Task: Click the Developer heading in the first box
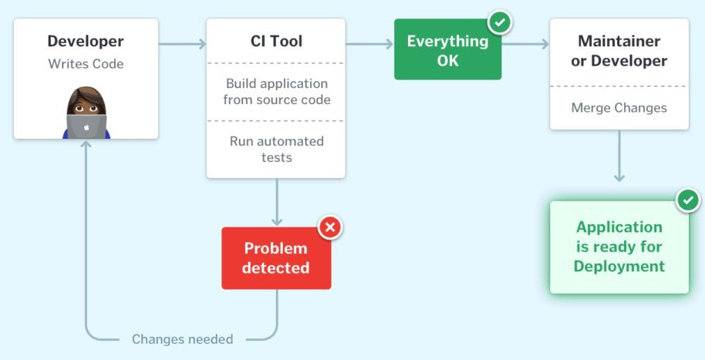click(x=86, y=42)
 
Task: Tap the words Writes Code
click(x=86, y=63)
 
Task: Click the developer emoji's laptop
click(x=86, y=126)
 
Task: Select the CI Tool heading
click(x=276, y=42)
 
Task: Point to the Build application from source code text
click(x=276, y=91)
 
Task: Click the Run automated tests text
click(x=276, y=149)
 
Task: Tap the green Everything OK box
click(x=447, y=50)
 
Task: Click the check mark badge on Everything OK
click(x=500, y=22)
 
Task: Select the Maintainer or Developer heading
click(x=619, y=51)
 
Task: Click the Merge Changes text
click(x=619, y=108)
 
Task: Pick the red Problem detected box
click(x=276, y=258)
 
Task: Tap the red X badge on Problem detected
click(x=330, y=227)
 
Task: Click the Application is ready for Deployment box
click(x=619, y=247)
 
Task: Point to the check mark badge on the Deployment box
click(x=687, y=200)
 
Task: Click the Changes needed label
click(x=182, y=339)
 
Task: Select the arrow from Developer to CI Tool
click(x=182, y=44)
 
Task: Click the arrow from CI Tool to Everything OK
click(x=369, y=44)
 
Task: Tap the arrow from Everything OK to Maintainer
click(x=525, y=44)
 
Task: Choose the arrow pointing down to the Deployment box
click(x=619, y=157)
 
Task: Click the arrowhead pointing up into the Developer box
click(x=86, y=145)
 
